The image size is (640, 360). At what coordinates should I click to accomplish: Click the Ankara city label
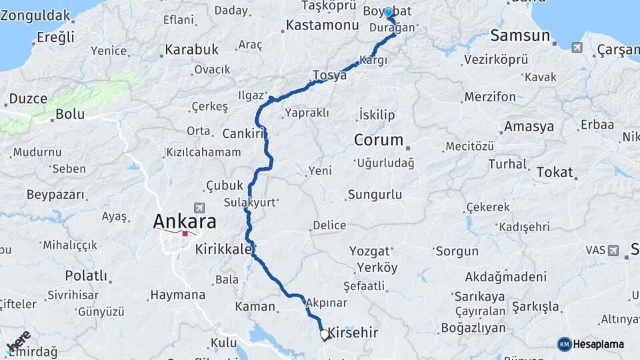pyautogui.click(x=185, y=221)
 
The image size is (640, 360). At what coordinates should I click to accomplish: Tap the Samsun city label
pyautogui.click(x=518, y=35)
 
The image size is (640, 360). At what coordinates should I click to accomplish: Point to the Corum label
pyautogui.click(x=379, y=140)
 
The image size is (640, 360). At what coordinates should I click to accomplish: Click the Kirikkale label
pyautogui.click(x=223, y=250)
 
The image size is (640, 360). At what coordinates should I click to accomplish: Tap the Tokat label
pyautogui.click(x=554, y=172)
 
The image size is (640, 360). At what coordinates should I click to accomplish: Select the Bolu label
pyautogui.click(x=69, y=114)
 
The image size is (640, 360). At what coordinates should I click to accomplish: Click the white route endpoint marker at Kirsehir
pyautogui.click(x=324, y=334)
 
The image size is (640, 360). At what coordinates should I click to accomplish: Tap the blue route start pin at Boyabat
pyautogui.click(x=389, y=13)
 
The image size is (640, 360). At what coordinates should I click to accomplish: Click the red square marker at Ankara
pyautogui.click(x=185, y=234)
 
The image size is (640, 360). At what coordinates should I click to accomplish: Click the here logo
pyautogui.click(x=18, y=341)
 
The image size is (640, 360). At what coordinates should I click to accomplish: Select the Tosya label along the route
pyautogui.click(x=330, y=75)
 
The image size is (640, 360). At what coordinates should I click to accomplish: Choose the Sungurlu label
pyautogui.click(x=374, y=195)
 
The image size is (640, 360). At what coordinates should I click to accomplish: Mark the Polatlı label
pyautogui.click(x=86, y=275)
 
